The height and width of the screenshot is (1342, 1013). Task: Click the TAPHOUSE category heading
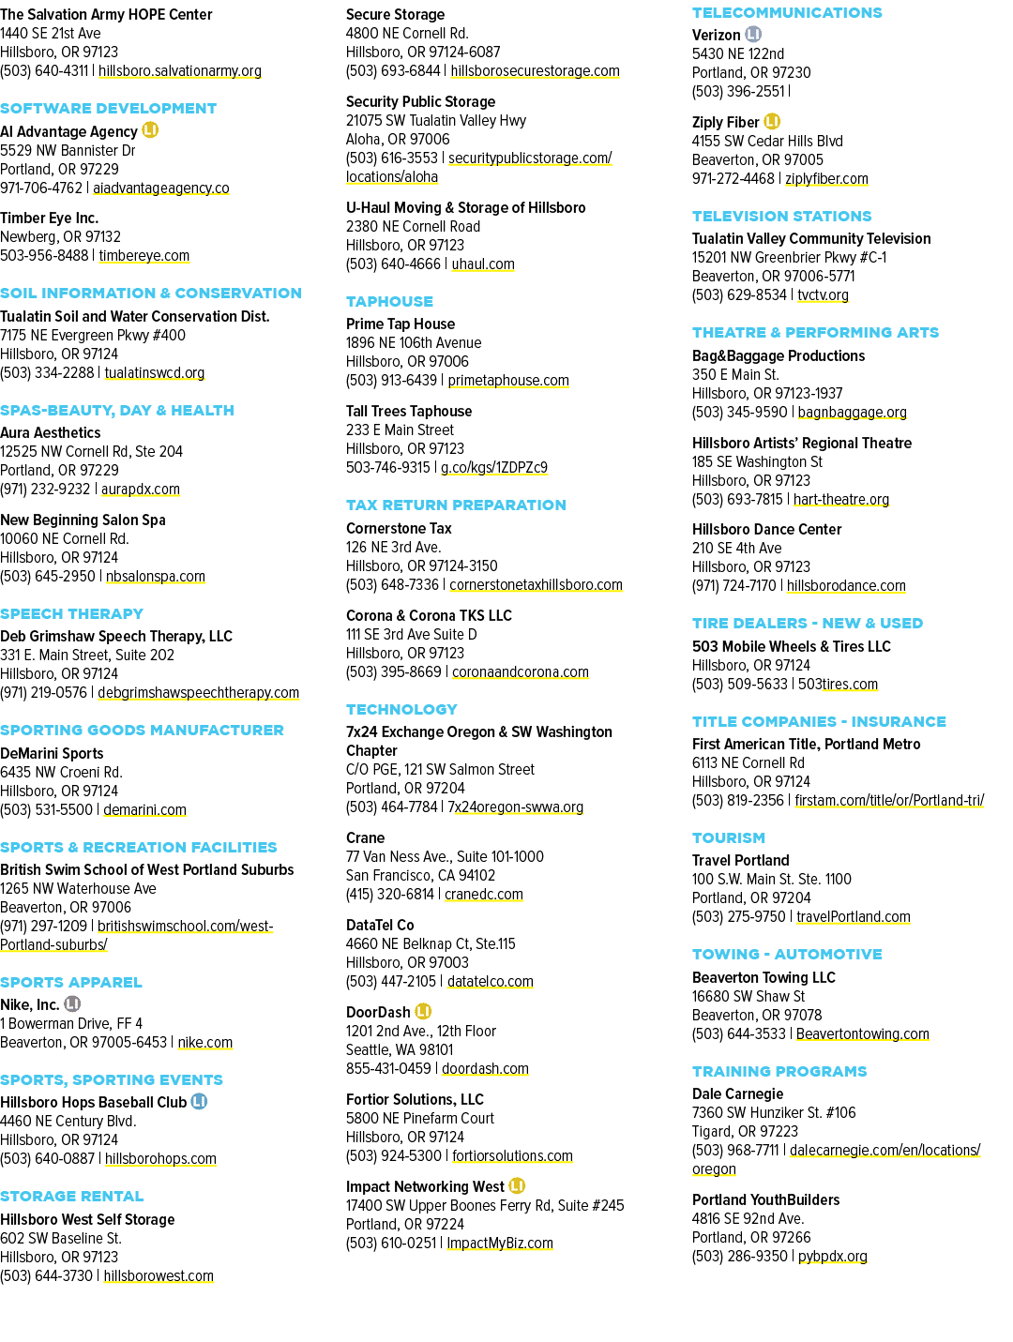point(389,301)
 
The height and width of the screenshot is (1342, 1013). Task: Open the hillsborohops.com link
point(160,1158)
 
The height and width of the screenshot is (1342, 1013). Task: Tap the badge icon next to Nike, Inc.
point(72,1003)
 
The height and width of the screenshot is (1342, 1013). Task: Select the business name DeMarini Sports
point(52,753)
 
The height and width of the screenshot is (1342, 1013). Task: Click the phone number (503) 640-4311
point(44,71)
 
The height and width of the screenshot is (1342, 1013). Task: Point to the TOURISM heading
point(728,837)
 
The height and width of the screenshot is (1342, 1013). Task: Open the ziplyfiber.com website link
point(826,178)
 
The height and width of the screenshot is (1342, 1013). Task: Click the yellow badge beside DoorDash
point(423,1011)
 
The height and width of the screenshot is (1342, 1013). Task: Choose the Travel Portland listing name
point(740,860)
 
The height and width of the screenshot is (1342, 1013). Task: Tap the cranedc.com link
point(484,894)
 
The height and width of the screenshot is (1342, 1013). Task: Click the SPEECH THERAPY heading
point(71,614)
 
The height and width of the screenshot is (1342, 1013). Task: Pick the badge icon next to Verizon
point(753,35)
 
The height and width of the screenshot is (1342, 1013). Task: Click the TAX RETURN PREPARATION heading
point(456,505)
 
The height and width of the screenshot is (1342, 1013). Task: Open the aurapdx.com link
point(141,490)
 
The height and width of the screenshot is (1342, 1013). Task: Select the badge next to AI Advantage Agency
point(150,130)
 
